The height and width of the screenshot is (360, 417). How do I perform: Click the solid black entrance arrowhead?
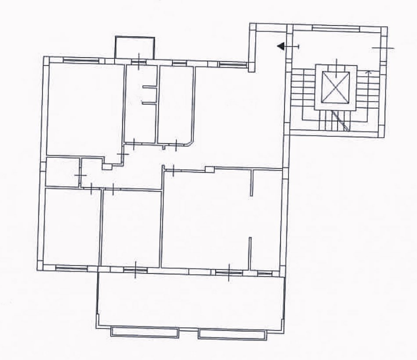(281, 46)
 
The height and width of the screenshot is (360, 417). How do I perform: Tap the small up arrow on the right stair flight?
(368, 73)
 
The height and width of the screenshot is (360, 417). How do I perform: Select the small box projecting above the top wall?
(134, 47)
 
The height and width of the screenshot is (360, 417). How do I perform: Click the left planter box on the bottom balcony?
(144, 331)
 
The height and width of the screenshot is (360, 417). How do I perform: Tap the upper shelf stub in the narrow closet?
(149, 87)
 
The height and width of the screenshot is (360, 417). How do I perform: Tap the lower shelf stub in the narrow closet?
(149, 103)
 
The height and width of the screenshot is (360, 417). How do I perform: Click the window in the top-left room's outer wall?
(80, 60)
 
